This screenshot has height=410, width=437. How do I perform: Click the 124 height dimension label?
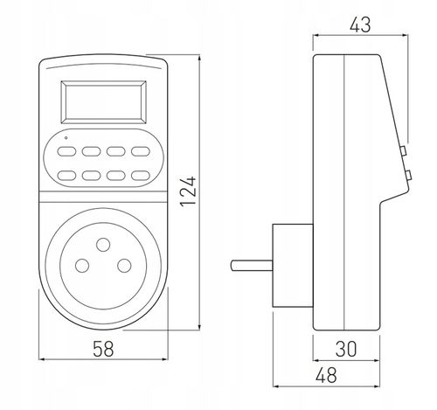pyautogui.click(x=188, y=191)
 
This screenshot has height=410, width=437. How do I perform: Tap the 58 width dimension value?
pyautogui.click(x=103, y=349)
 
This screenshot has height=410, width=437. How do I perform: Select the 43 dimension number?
pyautogui.click(x=360, y=24)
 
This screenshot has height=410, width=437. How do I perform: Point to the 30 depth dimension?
pyautogui.click(x=346, y=349)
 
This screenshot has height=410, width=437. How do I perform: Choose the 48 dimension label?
pyautogui.click(x=326, y=375)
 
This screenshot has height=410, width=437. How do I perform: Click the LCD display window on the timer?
pyautogui.click(x=103, y=102)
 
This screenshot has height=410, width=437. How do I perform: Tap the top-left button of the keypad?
pyautogui.click(x=66, y=151)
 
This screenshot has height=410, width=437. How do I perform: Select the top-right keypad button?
pyautogui.click(x=141, y=151)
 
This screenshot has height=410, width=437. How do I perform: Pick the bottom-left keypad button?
pyautogui.click(x=66, y=176)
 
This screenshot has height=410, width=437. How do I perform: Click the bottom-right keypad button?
pyautogui.click(x=141, y=176)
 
